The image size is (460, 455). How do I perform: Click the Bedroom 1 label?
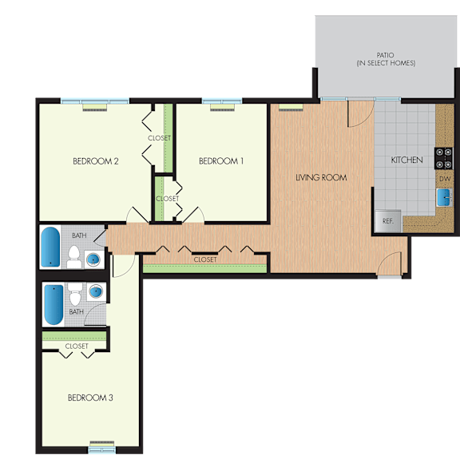(x=221, y=161)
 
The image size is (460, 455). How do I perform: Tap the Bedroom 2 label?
(x=96, y=161)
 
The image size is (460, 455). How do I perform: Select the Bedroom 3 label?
(x=90, y=398)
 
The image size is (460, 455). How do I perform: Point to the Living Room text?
(x=321, y=177)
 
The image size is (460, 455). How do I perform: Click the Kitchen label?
(x=407, y=160)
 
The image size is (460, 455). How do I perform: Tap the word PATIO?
(x=385, y=55)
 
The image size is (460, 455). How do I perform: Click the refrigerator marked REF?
(x=388, y=221)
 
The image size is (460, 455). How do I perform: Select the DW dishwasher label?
(x=445, y=179)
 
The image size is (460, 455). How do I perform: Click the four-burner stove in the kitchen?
(x=443, y=158)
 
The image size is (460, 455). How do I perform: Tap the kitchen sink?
(x=444, y=197)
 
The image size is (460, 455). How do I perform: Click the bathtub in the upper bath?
(x=50, y=247)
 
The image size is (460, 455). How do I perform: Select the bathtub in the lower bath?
(x=54, y=305)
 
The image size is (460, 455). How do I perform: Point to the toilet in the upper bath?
(x=74, y=257)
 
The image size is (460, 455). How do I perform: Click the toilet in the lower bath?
(x=75, y=294)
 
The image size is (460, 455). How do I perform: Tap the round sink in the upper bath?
(x=93, y=259)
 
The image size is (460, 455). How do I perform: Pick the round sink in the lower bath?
(x=96, y=291)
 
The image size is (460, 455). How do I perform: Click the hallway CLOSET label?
(x=205, y=259)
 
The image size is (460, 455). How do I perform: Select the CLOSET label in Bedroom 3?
(x=77, y=346)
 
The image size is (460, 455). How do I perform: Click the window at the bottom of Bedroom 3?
(x=102, y=449)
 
